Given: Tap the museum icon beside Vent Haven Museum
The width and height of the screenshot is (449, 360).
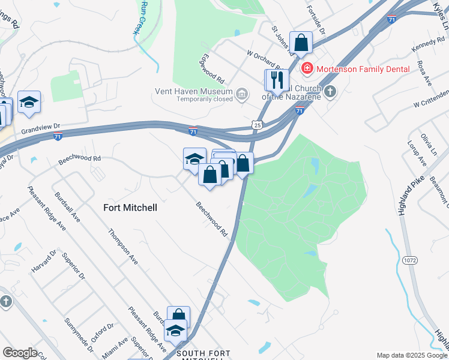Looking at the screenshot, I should click(242, 94).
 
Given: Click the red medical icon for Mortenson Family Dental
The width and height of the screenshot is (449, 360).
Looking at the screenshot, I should click(307, 69).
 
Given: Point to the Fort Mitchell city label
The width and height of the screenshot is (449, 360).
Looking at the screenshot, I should click(130, 208).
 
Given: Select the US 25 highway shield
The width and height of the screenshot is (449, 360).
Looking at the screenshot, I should click(256, 125).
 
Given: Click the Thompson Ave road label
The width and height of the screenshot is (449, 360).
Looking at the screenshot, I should click(122, 247).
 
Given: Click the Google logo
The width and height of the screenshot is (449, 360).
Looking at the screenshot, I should click(19, 353).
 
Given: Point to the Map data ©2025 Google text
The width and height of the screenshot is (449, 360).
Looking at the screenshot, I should click(411, 355).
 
